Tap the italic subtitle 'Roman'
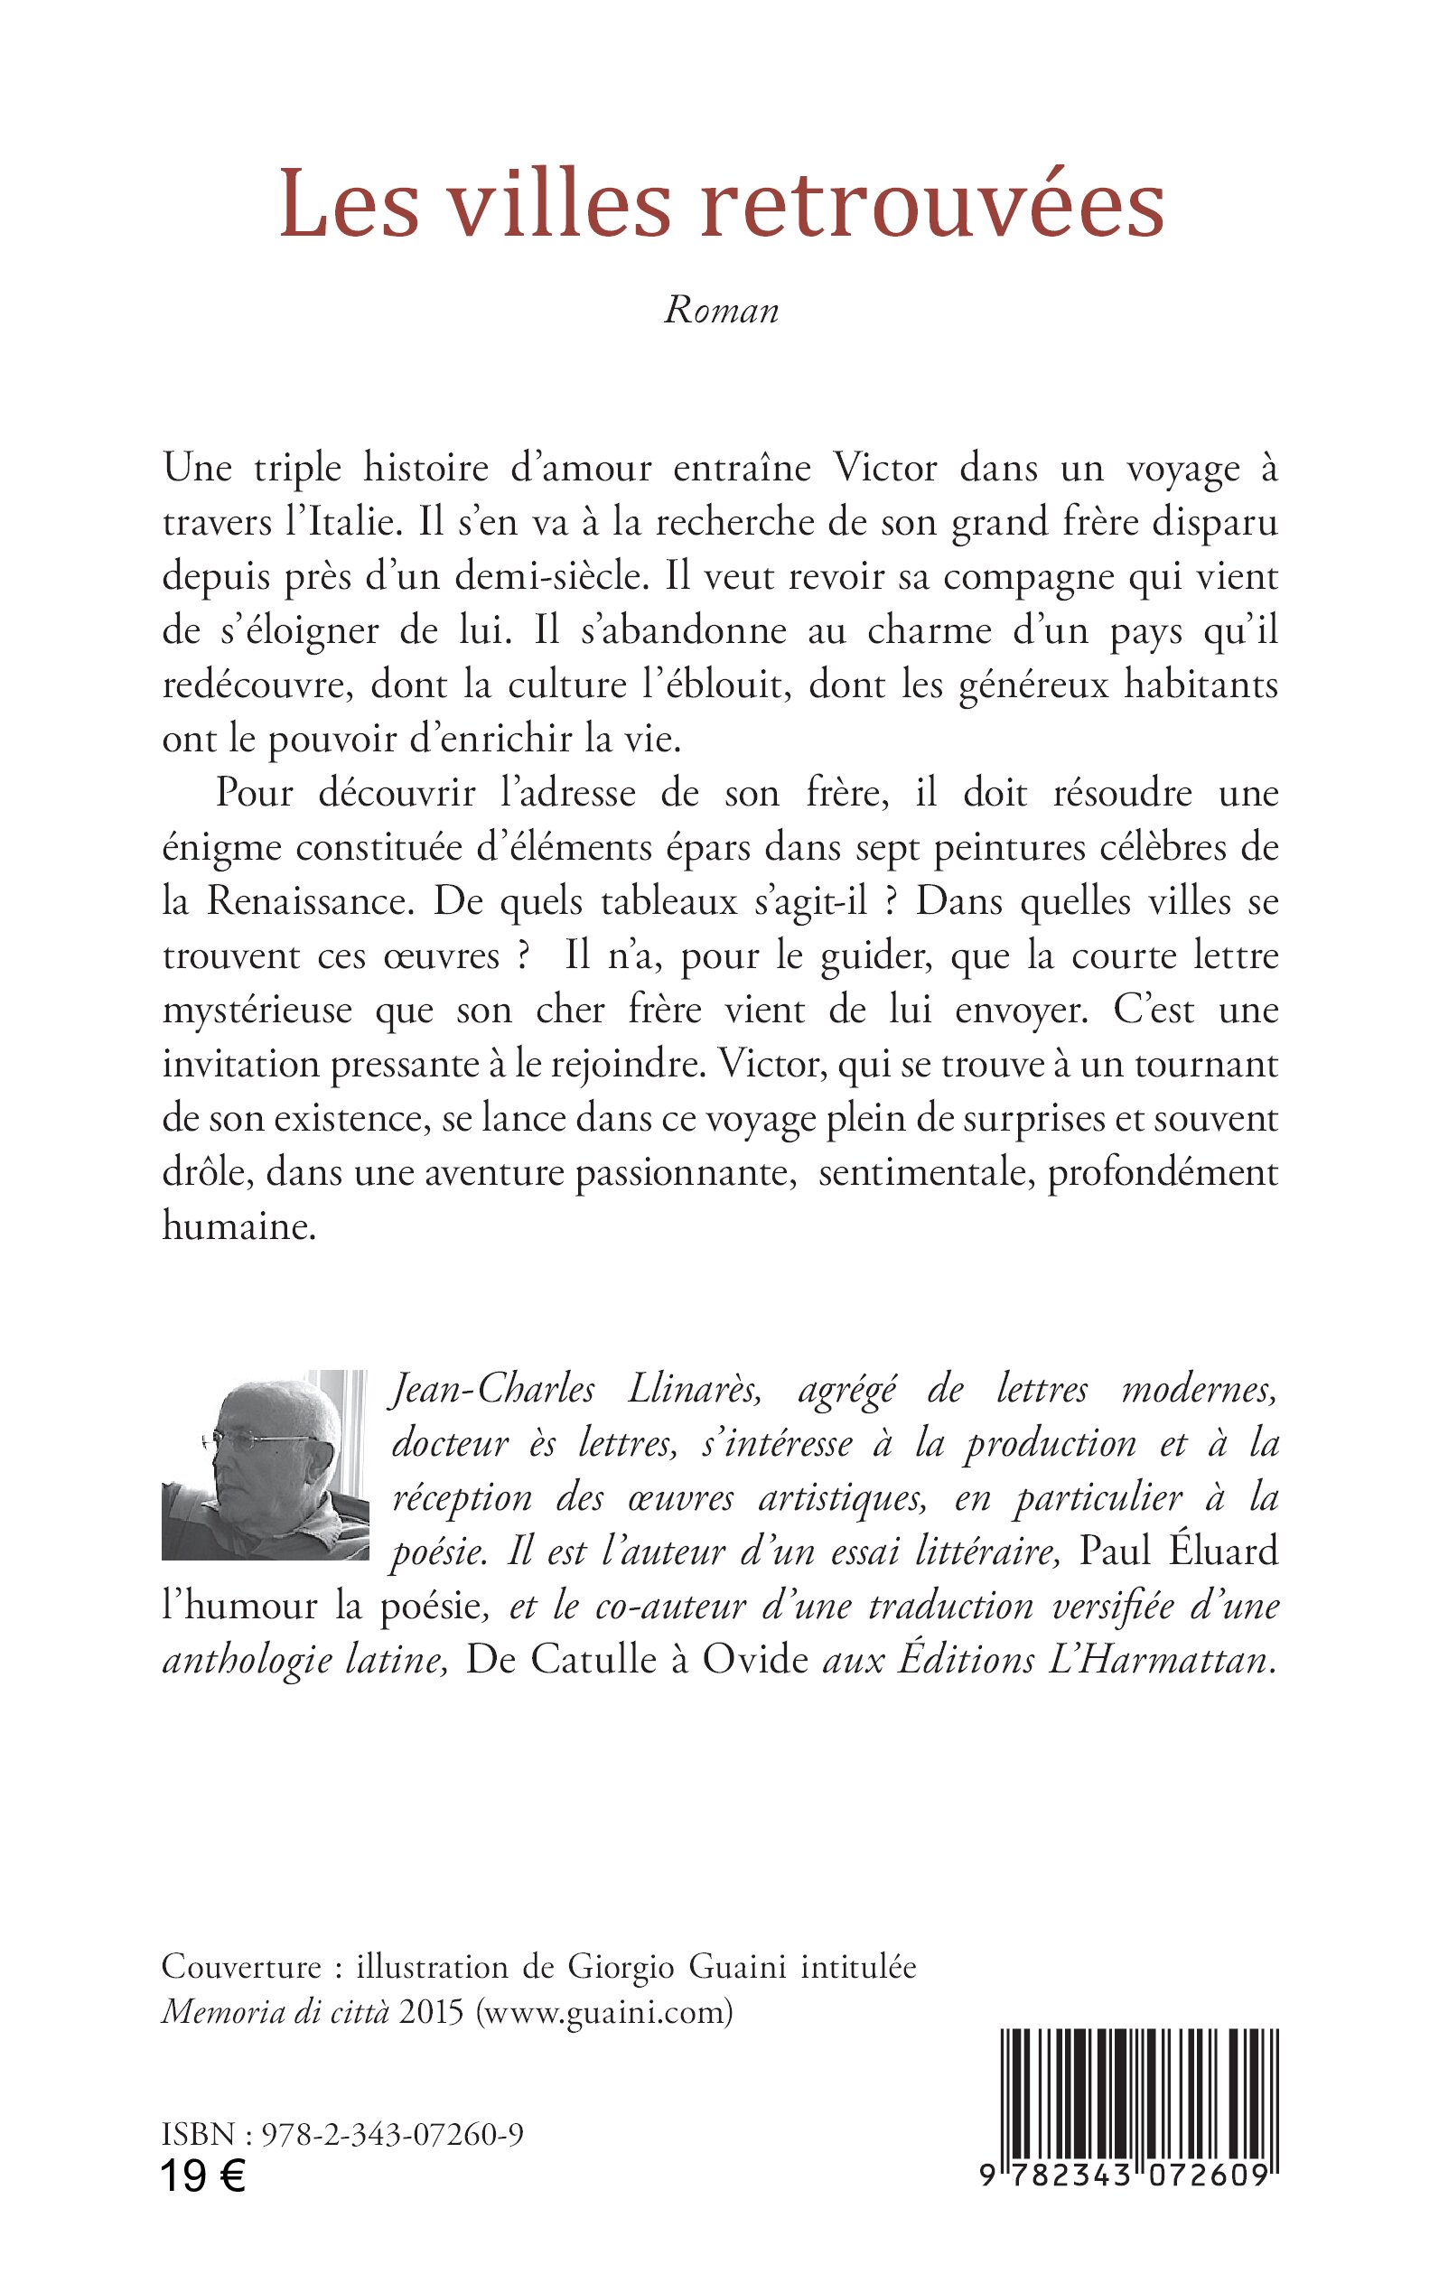tap(722, 310)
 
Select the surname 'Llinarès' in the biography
tap(694, 1390)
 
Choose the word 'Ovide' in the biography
tap(756, 1660)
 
